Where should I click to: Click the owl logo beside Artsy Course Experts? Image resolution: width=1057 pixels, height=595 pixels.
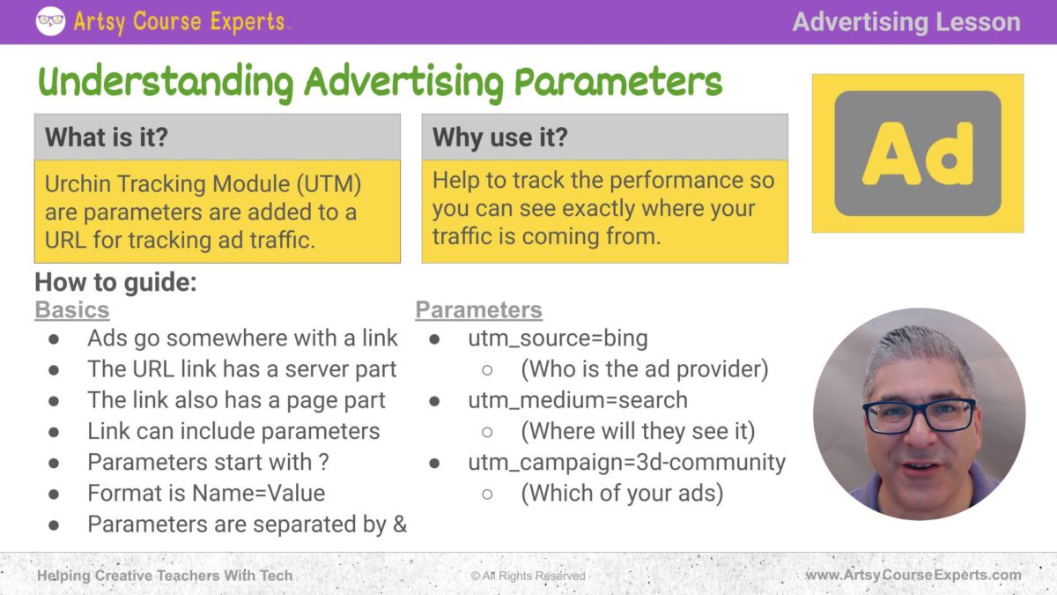[x=50, y=21]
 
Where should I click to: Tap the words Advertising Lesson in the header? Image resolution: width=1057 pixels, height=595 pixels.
[x=906, y=22]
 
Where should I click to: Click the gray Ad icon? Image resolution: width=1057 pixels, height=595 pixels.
[x=918, y=153]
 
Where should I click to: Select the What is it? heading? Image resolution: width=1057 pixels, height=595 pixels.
[x=107, y=137]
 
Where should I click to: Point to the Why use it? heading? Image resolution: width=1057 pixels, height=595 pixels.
[x=500, y=137]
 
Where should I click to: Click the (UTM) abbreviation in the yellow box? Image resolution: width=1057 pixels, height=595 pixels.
[x=329, y=183]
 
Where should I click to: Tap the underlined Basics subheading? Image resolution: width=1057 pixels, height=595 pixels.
[x=72, y=309]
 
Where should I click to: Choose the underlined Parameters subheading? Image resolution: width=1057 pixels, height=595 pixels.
[x=479, y=309]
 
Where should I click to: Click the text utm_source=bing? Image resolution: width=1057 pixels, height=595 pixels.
[x=558, y=338]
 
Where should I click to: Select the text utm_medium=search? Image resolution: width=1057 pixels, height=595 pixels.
[x=578, y=400]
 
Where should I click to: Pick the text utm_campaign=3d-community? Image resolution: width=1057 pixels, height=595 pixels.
[x=627, y=462]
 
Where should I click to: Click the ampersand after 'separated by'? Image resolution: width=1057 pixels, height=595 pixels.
[x=400, y=524]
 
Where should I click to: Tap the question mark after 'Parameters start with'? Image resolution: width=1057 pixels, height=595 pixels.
[x=324, y=462]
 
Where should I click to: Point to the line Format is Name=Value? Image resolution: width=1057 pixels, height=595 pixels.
[x=206, y=494]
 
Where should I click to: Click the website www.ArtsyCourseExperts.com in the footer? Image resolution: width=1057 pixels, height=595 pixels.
[x=913, y=575]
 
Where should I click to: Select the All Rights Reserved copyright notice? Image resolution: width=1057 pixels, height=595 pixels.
[x=528, y=576]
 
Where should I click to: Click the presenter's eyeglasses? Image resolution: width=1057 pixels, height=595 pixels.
[x=919, y=415]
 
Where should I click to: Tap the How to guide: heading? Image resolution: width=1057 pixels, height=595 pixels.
[x=115, y=282]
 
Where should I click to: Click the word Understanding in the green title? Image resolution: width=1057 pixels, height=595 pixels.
[x=166, y=82]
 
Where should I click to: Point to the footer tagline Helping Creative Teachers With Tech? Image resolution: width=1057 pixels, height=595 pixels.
[x=165, y=576]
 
